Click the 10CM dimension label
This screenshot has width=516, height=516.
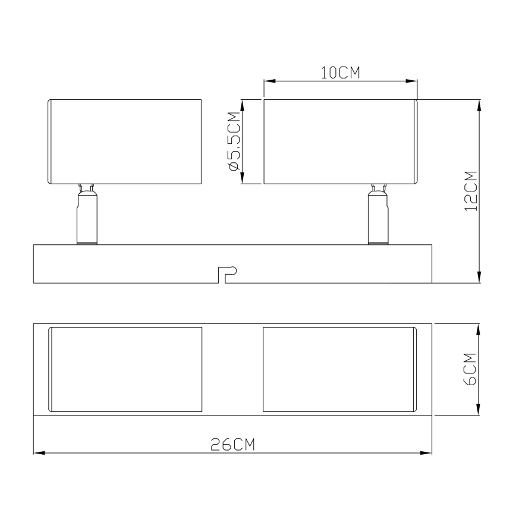tap(341, 73)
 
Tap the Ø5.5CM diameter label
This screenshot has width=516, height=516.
tap(234, 141)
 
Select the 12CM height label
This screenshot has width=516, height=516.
tap(471, 191)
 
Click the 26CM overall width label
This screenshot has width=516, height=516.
tap(232, 445)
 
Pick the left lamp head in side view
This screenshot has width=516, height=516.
tap(124, 141)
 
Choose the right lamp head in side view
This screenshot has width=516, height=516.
tap(341, 141)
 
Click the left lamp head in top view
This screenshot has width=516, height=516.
tap(125, 369)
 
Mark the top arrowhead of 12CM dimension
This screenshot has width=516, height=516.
tap(479, 105)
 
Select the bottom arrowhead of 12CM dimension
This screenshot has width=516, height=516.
tap(479, 278)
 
